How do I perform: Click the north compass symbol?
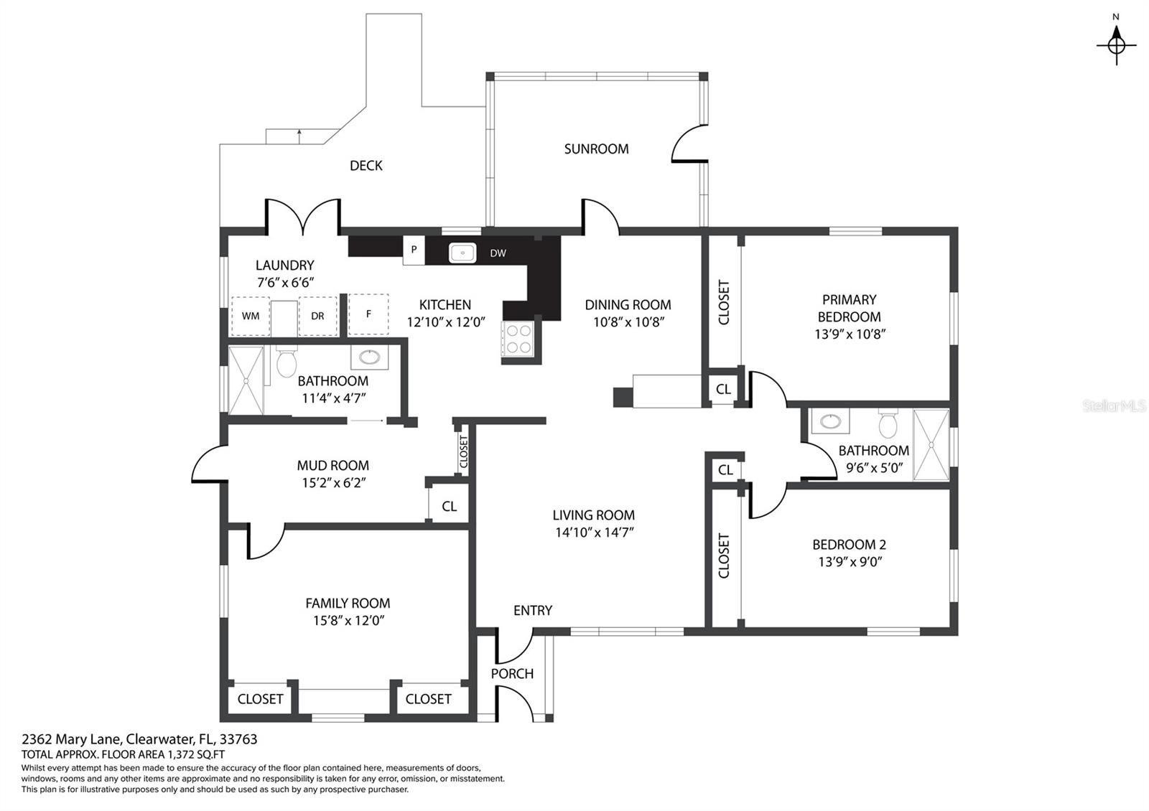point(1116,44)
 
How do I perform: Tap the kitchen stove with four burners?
point(518,339)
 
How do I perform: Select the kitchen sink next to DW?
point(463,253)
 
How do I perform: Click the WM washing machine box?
point(250,316)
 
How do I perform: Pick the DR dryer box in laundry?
point(317,316)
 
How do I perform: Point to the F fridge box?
point(368,314)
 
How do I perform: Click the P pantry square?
point(414,250)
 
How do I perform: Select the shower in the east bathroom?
point(931,445)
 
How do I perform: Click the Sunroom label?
point(596,149)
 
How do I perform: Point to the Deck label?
point(366,166)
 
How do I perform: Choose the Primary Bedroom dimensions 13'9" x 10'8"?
point(850,334)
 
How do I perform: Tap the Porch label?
point(512,674)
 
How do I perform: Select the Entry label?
point(532,611)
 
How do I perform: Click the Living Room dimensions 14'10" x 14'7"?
point(594,533)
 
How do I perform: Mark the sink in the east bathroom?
point(832,421)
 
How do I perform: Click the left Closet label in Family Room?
point(260,699)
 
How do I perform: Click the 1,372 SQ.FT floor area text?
point(196,754)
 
